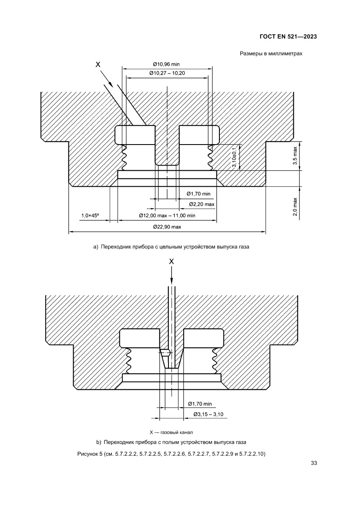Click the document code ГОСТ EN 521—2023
click(287, 37)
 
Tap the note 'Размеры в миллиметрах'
click(271, 54)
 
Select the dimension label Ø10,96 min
click(167, 64)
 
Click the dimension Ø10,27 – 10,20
click(167, 73)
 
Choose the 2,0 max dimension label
click(295, 206)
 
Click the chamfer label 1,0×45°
click(90, 216)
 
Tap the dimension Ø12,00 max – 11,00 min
click(167, 216)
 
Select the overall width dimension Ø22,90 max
click(167, 227)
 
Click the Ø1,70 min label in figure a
click(199, 193)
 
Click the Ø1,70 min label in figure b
click(199, 404)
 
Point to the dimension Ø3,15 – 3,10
click(209, 414)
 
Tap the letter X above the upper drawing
click(98, 64)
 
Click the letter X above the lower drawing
click(172, 261)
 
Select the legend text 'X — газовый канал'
click(171, 432)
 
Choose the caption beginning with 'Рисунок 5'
click(171, 454)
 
